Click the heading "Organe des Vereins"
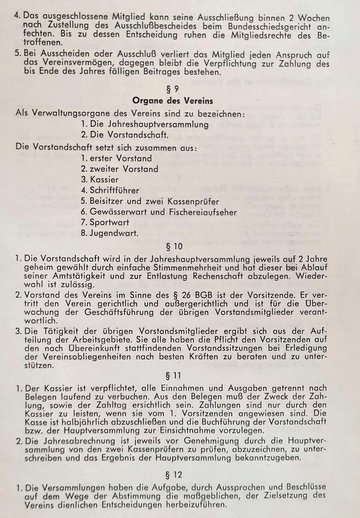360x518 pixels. point(172,100)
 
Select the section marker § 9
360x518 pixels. point(173,89)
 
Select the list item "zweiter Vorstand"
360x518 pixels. point(120,169)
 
